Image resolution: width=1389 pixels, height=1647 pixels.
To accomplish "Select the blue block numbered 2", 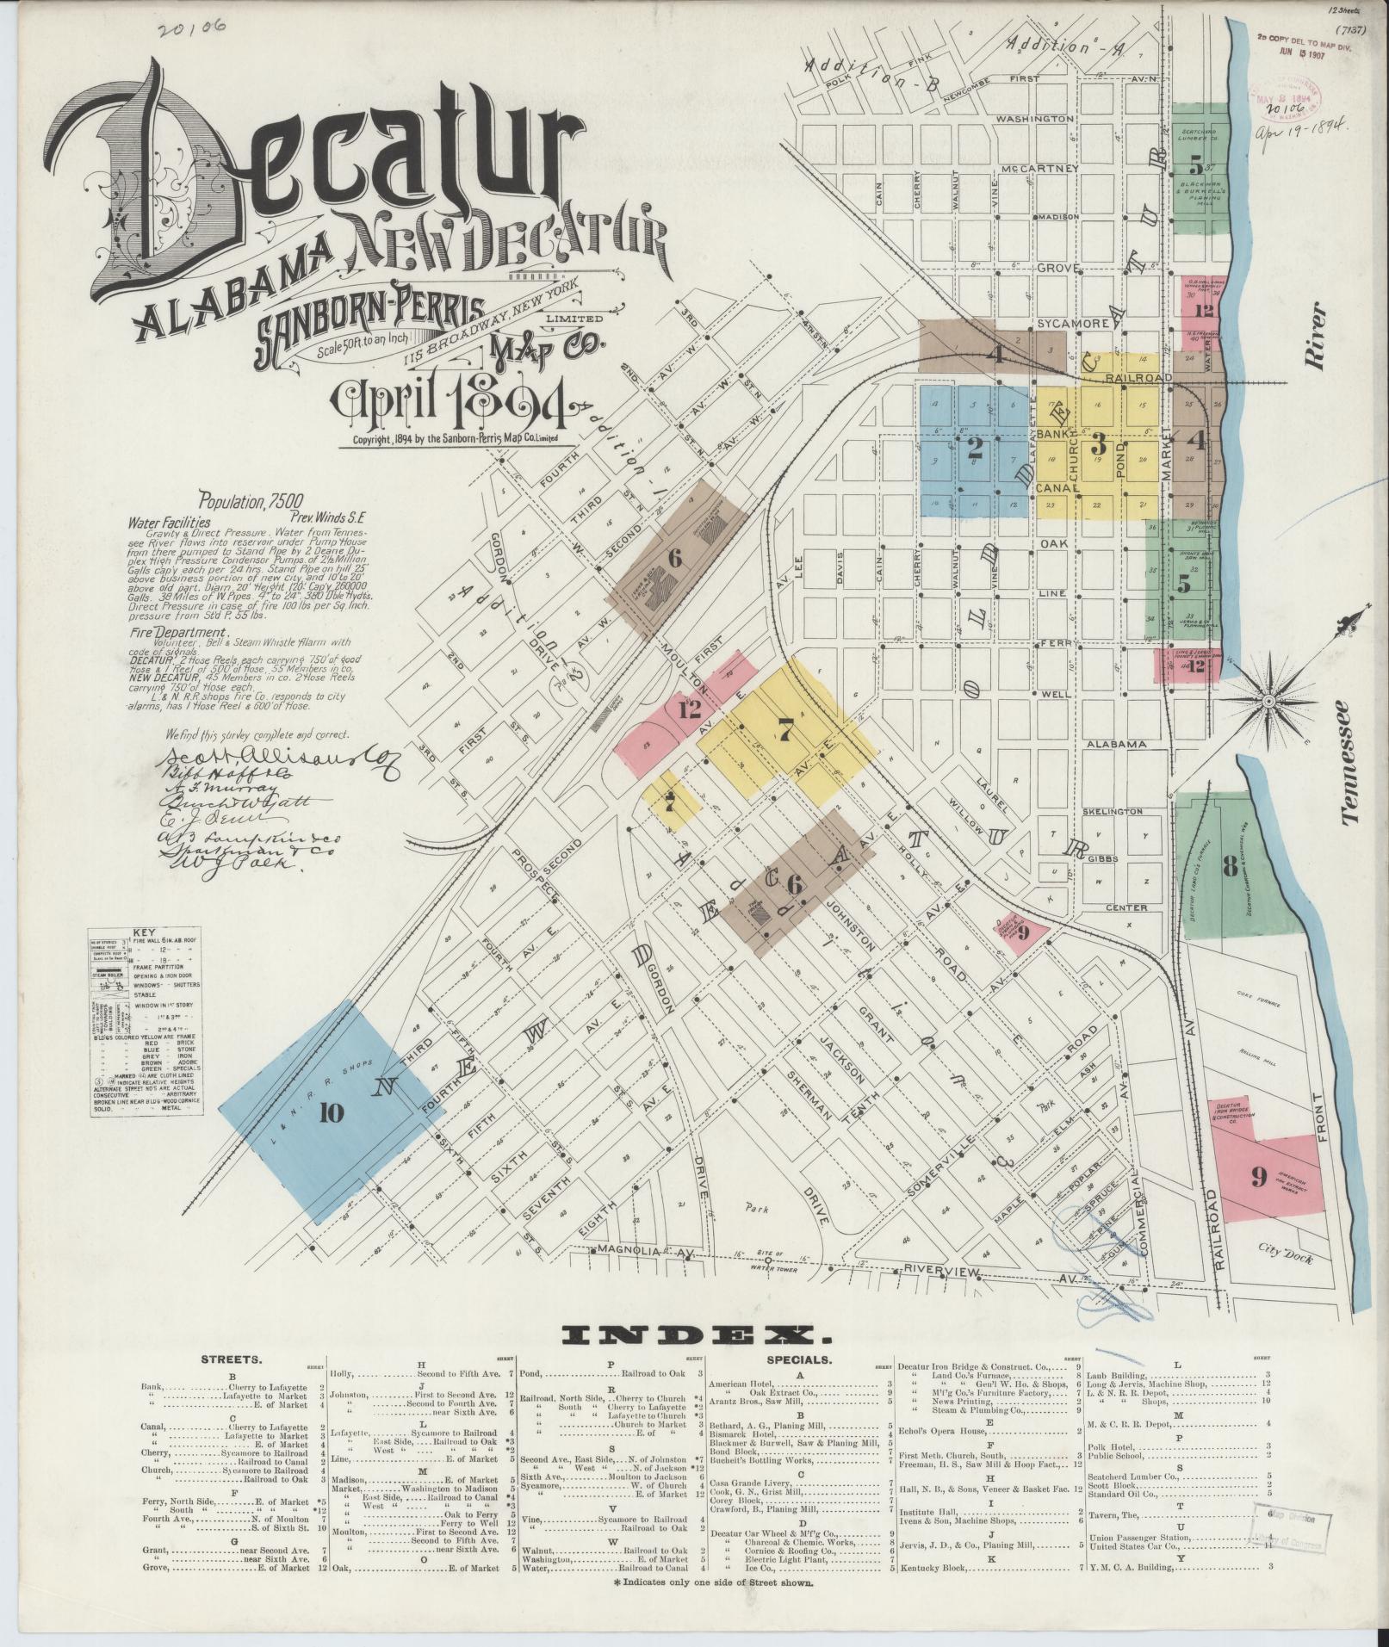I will coord(974,448).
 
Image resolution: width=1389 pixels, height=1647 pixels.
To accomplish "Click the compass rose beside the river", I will coord(1268,702).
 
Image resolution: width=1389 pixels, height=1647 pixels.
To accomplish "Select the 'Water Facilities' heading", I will coord(169,522).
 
